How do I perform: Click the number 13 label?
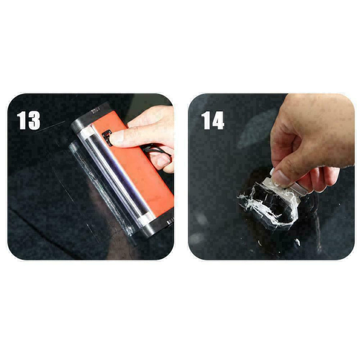point(28,120)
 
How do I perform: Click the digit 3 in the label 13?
point(34,120)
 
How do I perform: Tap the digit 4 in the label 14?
point(218,120)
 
